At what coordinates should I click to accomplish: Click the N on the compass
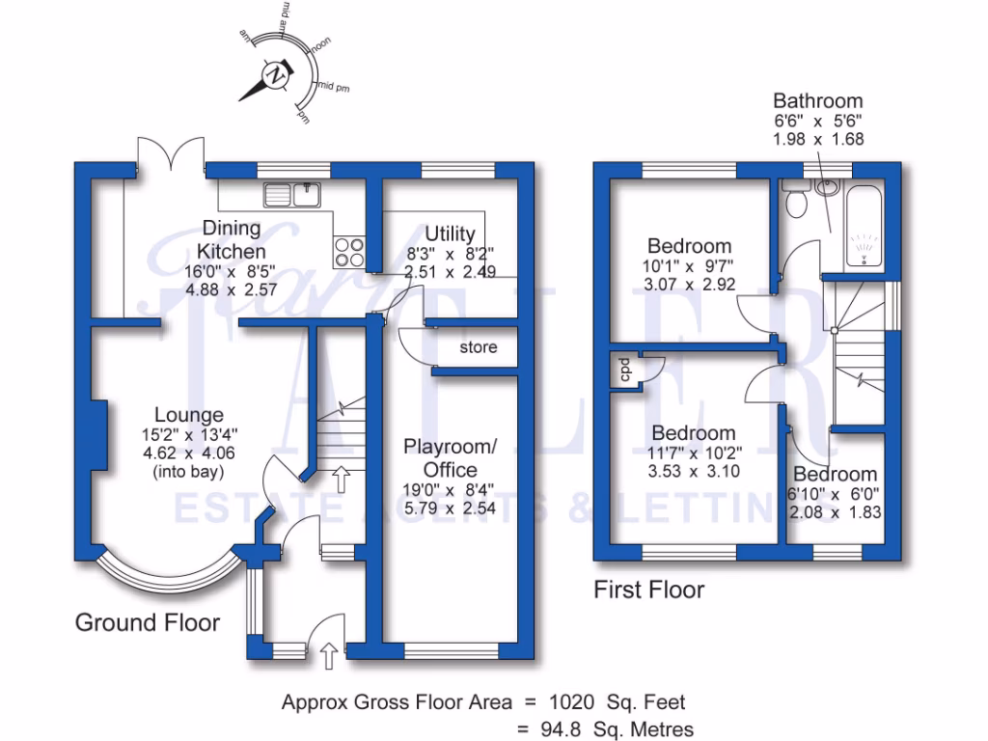click(x=277, y=74)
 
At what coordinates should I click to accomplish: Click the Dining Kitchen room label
click(x=231, y=239)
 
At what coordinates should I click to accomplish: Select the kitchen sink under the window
click(x=292, y=194)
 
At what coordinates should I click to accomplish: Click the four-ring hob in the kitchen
click(x=348, y=252)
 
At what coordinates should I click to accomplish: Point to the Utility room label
click(x=450, y=233)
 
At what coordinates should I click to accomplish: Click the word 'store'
click(x=479, y=346)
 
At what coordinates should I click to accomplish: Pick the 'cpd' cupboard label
click(x=624, y=370)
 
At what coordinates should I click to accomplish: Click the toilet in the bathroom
click(x=797, y=202)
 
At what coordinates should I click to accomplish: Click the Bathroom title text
click(x=817, y=100)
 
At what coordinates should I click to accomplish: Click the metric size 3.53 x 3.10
click(x=694, y=471)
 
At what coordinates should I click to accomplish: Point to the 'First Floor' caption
click(x=648, y=589)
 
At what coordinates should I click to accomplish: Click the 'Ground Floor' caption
click(x=148, y=622)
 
